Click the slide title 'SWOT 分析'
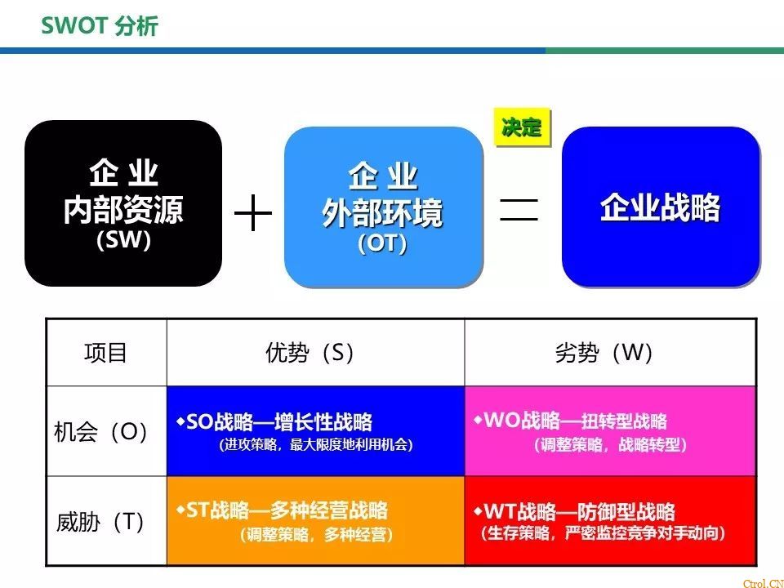100,25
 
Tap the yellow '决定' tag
522,127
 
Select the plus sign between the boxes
253,212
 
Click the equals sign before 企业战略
519,209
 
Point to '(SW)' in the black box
123,240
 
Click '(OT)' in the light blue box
382,243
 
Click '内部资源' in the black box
123,209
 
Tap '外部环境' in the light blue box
382,212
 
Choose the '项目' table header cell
105,353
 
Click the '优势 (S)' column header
310,353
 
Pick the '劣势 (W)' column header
604,353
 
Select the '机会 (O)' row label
101,431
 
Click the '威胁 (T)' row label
100,522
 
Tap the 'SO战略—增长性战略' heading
279,422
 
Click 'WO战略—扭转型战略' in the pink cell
575,421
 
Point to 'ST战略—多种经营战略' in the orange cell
287,510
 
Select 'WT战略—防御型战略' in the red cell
579,511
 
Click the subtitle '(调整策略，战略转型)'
610,444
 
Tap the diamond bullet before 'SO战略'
180,421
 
